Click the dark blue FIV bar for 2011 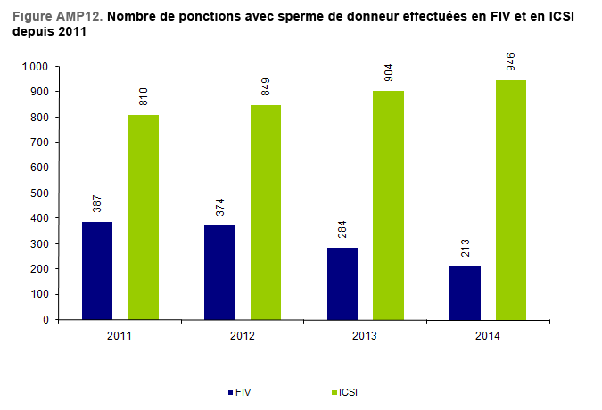[97, 270]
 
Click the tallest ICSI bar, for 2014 [511, 200]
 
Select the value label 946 [511, 61]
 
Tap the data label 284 [342, 229]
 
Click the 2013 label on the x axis [365, 335]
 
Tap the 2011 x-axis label [120, 335]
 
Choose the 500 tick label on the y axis [41, 193]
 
